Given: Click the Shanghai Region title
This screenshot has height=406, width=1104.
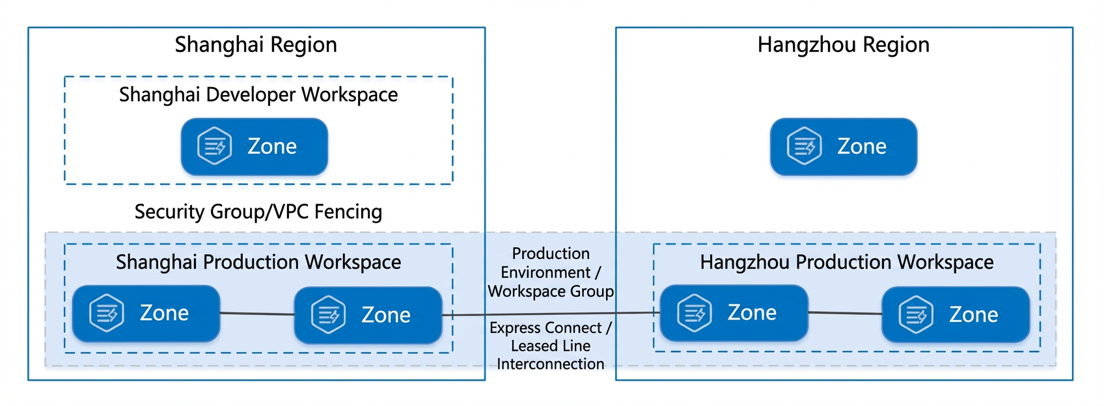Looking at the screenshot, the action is tap(256, 46).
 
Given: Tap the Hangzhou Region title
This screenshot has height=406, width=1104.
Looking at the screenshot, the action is tap(843, 46).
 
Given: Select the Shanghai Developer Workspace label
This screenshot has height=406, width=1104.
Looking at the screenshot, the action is tap(258, 95).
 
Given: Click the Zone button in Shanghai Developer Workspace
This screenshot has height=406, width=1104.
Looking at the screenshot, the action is tap(255, 147).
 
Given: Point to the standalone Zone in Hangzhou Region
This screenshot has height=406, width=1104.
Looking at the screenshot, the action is tap(844, 147).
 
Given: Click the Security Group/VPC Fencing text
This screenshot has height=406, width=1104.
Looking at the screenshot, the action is tap(258, 212).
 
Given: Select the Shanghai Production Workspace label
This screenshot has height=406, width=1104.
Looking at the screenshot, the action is tap(258, 263).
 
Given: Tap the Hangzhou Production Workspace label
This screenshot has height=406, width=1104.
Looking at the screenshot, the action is tap(847, 263).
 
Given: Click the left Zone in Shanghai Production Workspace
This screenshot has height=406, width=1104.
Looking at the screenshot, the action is tap(146, 314).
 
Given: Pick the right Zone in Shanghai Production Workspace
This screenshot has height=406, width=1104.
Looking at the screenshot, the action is tap(368, 316).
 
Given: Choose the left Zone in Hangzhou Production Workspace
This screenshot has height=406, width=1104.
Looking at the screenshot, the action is tap(734, 313).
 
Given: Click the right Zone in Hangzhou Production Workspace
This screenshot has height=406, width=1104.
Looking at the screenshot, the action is tap(956, 315).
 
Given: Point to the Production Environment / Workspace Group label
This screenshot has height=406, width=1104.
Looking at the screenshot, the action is tap(551, 273).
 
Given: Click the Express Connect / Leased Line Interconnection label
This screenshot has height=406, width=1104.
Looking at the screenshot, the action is tap(551, 346).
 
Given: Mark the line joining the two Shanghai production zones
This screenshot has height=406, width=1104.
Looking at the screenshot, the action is tap(256, 314).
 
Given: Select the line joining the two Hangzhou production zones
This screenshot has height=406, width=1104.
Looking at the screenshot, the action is tap(845, 313).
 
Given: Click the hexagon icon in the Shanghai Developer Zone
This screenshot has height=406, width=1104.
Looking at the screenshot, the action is tap(214, 146).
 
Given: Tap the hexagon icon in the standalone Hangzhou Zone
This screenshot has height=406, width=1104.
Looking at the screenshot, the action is tap(804, 146).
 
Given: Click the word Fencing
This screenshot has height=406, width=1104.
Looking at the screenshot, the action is tap(348, 212).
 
